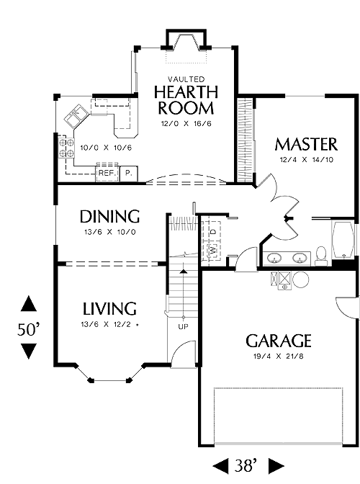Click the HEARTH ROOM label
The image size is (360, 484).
pos(186,100)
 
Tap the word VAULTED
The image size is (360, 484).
pos(186,80)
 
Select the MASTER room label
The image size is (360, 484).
pos(306,144)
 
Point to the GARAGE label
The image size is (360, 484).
pos(278,341)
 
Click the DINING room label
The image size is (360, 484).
pos(109,216)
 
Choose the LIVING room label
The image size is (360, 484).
pos(109,309)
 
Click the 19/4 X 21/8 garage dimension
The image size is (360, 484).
pos(278,357)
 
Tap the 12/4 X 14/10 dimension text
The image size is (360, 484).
pos(306,160)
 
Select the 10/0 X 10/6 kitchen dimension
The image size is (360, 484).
pos(106,148)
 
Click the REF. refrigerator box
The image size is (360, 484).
pos(107,173)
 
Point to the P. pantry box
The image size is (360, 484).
pos(128,174)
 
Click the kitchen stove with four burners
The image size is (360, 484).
pos(66,147)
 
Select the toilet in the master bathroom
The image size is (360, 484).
pos(321,256)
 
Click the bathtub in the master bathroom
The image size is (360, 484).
pos(343,240)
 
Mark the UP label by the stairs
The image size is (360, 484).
pos(183,326)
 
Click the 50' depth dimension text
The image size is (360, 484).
pos(28,329)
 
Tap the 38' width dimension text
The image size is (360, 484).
pos(246,465)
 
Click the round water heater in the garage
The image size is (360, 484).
pos(300,280)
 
